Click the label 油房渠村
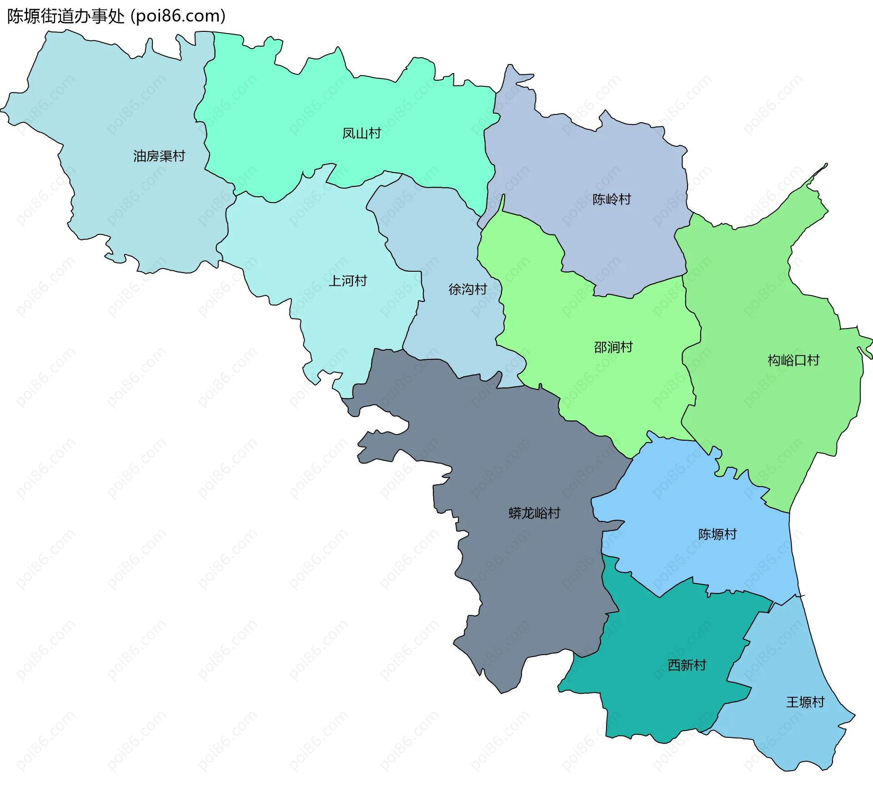(x=159, y=156)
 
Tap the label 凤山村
(x=361, y=134)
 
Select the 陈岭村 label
(x=612, y=199)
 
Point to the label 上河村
(x=347, y=281)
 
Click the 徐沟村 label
(x=467, y=289)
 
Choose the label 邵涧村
(x=613, y=348)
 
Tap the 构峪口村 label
(x=793, y=361)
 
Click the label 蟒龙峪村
(x=534, y=513)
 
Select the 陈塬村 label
(x=717, y=534)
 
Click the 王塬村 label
(x=805, y=702)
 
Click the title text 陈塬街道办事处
(x=65, y=16)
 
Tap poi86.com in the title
(x=178, y=16)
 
